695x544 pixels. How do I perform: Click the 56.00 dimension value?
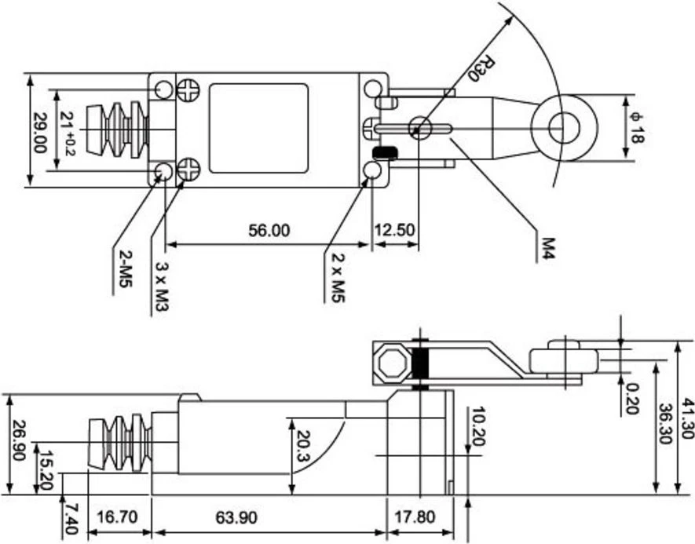[269, 230]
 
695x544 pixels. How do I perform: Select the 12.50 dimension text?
[394, 230]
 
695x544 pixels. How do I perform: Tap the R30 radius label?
[481, 68]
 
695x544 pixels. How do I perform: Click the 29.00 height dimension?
[40, 133]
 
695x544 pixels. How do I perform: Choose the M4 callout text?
[549, 249]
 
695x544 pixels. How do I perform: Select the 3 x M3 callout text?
[163, 287]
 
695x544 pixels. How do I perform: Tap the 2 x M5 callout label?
[338, 278]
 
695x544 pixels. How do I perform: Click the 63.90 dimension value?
[236, 517]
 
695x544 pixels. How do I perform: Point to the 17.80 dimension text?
[415, 517]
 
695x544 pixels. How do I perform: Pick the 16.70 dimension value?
[117, 517]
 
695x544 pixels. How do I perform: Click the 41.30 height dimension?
[687, 418]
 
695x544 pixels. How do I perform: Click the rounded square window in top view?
[259, 129]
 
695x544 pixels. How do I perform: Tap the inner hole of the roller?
[563, 129]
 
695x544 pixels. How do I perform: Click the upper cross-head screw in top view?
[188, 90]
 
